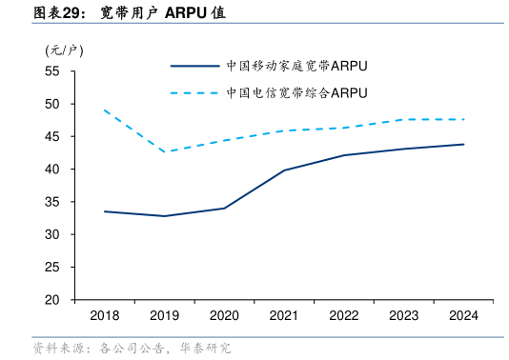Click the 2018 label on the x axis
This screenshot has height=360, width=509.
(x=105, y=315)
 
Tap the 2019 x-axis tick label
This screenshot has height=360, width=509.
(x=164, y=315)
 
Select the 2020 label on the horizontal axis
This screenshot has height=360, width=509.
(x=224, y=315)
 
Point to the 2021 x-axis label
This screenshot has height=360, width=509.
(x=284, y=315)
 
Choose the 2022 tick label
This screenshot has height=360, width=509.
(x=344, y=315)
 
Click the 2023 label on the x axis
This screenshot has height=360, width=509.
(x=403, y=315)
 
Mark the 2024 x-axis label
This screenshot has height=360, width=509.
(x=463, y=315)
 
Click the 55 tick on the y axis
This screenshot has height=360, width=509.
(x=52, y=71)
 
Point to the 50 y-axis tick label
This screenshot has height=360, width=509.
(x=52, y=104)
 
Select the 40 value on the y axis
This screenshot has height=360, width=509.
(x=52, y=170)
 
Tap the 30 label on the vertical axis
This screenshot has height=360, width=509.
(x=52, y=234)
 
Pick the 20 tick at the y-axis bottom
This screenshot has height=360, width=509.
(x=52, y=300)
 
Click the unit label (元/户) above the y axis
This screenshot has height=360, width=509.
(x=64, y=50)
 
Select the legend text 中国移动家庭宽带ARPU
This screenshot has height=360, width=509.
(x=296, y=67)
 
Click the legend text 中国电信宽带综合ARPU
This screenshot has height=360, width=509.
(x=296, y=93)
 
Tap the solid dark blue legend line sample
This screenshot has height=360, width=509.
(x=194, y=67)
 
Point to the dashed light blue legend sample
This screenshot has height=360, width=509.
(x=194, y=93)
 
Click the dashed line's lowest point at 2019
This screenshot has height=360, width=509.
(x=164, y=152)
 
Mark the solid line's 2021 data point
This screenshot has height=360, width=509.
(x=284, y=170)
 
